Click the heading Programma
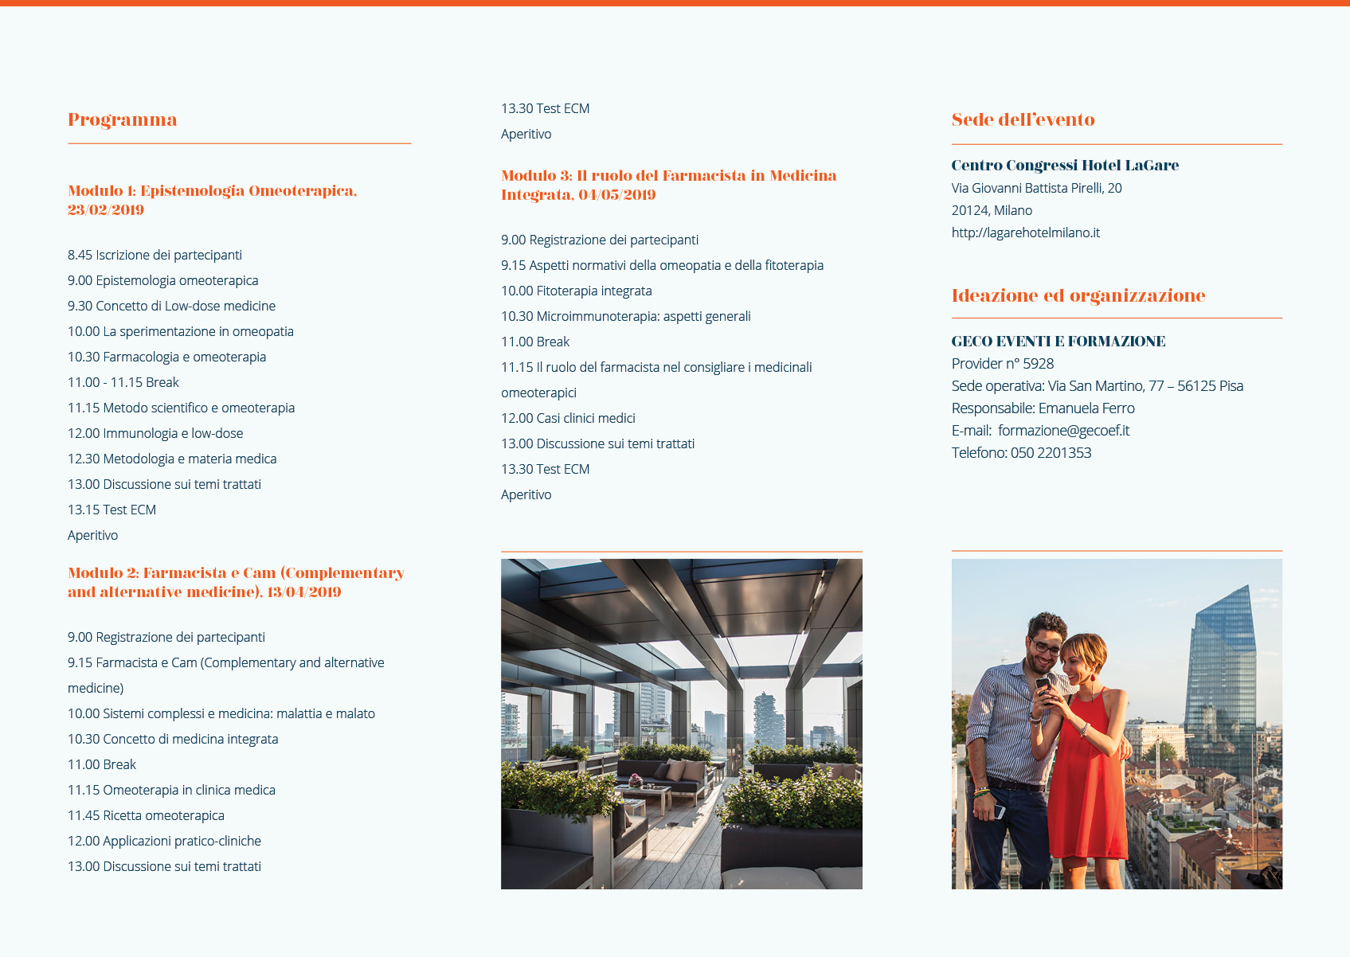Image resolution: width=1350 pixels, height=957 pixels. (123, 120)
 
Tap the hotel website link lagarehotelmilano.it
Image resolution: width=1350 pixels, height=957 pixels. (1025, 232)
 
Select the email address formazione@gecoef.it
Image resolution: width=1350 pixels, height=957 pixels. (1063, 431)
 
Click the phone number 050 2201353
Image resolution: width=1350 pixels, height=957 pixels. (1051, 453)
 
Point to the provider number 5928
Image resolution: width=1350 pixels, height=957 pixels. (1038, 364)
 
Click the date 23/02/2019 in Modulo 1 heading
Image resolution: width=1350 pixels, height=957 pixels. (106, 210)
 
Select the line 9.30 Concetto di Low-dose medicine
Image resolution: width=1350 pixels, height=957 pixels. (171, 306)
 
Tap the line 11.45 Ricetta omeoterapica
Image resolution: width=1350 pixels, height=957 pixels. (146, 815)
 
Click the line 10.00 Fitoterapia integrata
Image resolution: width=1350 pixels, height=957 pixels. (576, 291)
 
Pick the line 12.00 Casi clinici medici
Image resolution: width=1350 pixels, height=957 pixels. (568, 418)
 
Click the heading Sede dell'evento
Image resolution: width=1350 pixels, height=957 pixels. (1023, 120)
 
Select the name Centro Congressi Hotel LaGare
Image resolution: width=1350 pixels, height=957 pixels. (1065, 166)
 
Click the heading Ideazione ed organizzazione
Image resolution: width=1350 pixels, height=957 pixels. (1078, 296)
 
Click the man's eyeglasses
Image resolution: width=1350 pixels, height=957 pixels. (1046, 646)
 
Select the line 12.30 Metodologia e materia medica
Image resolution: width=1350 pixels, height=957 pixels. (172, 459)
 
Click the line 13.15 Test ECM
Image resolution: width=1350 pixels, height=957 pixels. (112, 510)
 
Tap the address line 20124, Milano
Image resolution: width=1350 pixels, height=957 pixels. (992, 210)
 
